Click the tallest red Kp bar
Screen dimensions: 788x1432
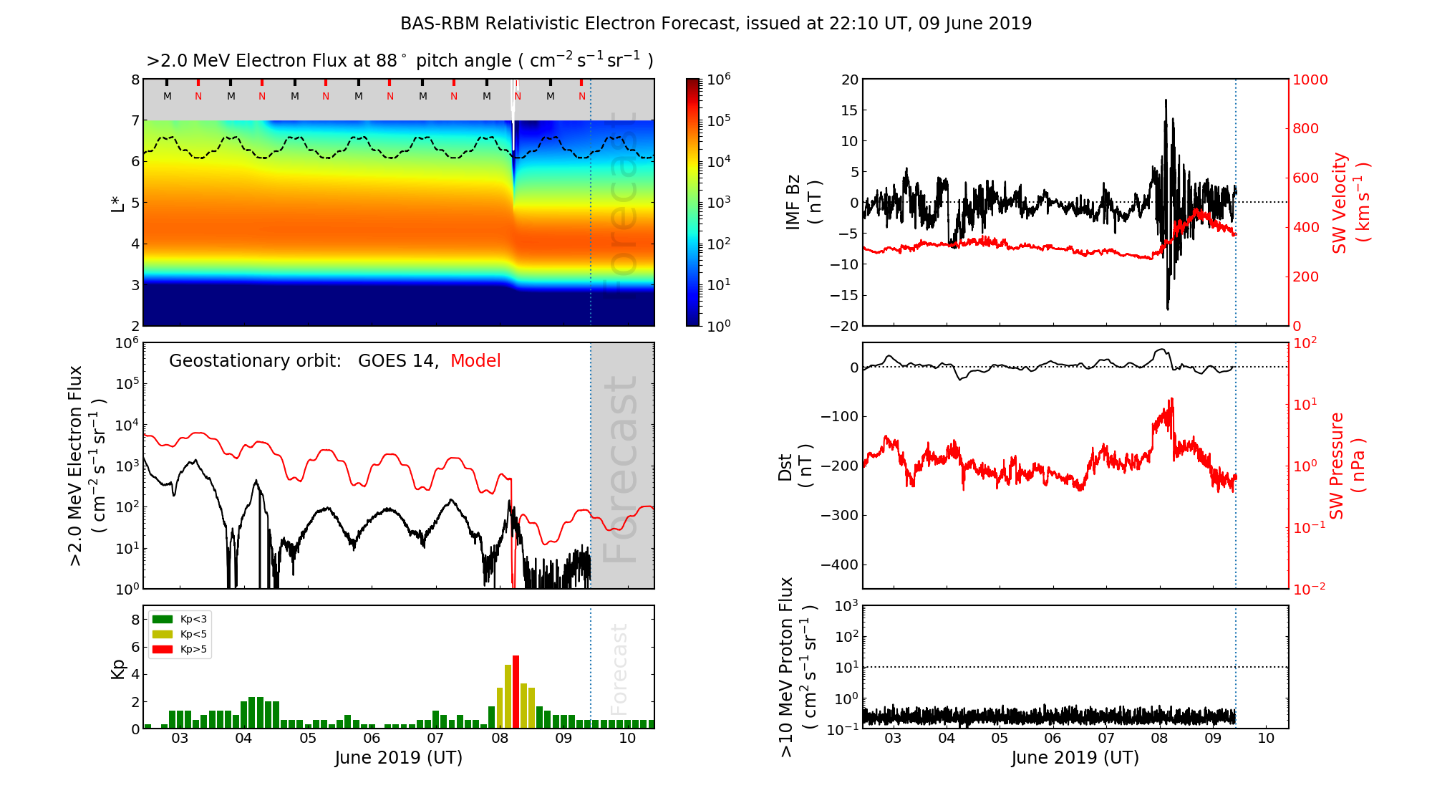(x=516, y=691)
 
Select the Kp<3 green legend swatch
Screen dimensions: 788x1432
(x=163, y=619)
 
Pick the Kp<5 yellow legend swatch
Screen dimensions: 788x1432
(x=163, y=634)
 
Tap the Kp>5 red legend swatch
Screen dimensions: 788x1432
(x=163, y=650)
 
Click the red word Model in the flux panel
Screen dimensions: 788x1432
(x=475, y=361)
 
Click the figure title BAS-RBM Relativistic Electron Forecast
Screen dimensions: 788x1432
(x=716, y=24)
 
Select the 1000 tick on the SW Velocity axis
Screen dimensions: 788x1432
(x=1310, y=80)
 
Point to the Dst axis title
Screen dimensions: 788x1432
(x=795, y=466)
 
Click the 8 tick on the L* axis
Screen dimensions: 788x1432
(x=135, y=80)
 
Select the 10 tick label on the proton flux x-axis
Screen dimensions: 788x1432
(x=1266, y=739)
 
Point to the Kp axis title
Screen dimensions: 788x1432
(x=118, y=668)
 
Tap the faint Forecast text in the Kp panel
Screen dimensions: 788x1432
(x=619, y=668)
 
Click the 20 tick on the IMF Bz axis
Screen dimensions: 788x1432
(x=849, y=80)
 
